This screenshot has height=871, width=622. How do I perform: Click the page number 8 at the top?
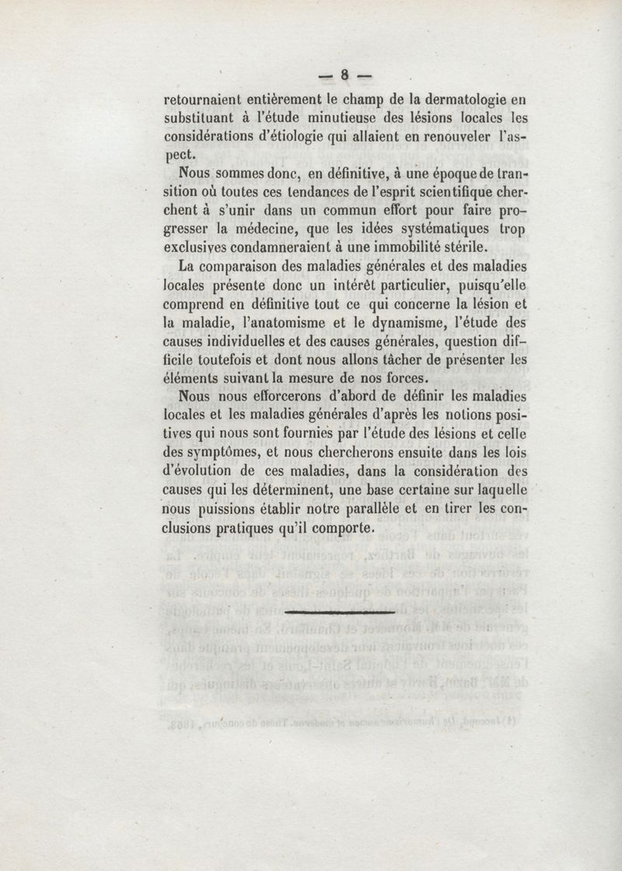tap(343, 75)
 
